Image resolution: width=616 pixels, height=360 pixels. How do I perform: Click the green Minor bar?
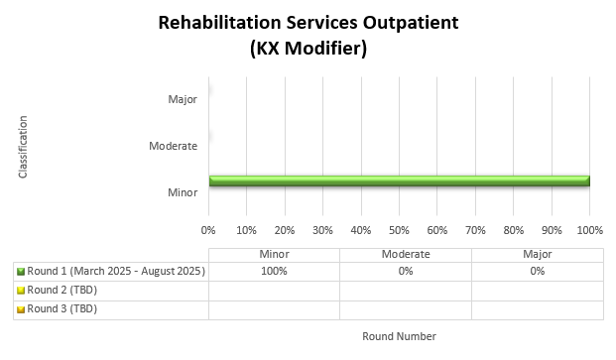pyautogui.click(x=399, y=180)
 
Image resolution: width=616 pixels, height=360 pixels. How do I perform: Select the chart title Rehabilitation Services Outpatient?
pyautogui.click(x=308, y=23)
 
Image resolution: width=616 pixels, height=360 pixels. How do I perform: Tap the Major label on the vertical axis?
pyautogui.click(x=183, y=99)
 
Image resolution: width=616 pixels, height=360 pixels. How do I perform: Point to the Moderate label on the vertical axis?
pyautogui.click(x=173, y=146)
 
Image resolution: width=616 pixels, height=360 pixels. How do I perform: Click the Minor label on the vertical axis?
pyautogui.click(x=183, y=191)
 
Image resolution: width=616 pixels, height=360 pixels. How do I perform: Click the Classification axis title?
pyautogui.click(x=23, y=147)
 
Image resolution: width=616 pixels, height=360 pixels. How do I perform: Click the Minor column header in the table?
pyautogui.click(x=274, y=254)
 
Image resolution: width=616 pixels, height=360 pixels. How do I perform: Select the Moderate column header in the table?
pyautogui.click(x=405, y=254)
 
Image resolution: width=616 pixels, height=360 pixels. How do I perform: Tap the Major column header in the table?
pyautogui.click(x=537, y=254)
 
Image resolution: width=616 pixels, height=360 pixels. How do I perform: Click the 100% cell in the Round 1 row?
pyautogui.click(x=274, y=271)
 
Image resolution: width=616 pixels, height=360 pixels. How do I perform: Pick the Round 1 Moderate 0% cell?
pyautogui.click(x=405, y=271)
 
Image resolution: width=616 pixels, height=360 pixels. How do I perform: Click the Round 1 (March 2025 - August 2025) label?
pyautogui.click(x=115, y=271)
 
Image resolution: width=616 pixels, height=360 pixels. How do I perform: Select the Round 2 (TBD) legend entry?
pyautogui.click(x=62, y=290)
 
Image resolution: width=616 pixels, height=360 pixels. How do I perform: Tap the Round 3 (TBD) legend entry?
pyautogui.click(x=62, y=308)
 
